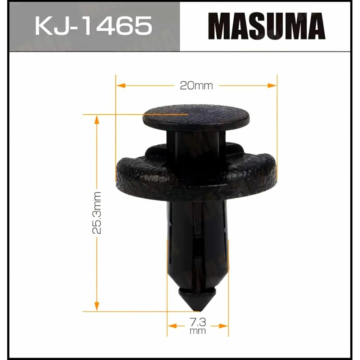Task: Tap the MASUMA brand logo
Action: pos(267,26)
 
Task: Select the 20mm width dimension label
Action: pos(197,86)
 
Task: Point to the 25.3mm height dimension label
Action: pos(97,213)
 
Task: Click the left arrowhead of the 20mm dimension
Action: pos(120,86)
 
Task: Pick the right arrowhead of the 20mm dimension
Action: pos(272,86)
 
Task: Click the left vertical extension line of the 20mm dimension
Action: pos(116,126)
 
